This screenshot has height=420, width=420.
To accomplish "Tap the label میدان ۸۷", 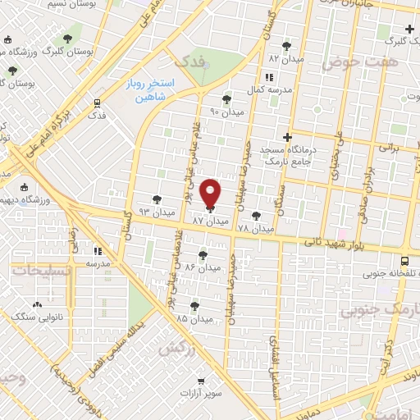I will (x=209, y=221).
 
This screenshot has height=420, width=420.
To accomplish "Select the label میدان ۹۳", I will (x=133, y=212).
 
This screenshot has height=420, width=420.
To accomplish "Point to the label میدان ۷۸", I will (x=256, y=228).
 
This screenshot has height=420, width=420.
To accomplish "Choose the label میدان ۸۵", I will (x=194, y=317).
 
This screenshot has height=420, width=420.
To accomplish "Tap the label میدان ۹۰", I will (x=227, y=111).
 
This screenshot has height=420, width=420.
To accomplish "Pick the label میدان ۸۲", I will (x=285, y=59).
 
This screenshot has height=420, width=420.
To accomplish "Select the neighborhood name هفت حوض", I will (x=359, y=62).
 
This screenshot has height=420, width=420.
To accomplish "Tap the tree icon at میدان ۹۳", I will (x=157, y=199).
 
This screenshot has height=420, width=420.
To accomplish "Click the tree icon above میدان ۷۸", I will (x=257, y=216).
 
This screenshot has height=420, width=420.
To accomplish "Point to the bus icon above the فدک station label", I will (x=97, y=103).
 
